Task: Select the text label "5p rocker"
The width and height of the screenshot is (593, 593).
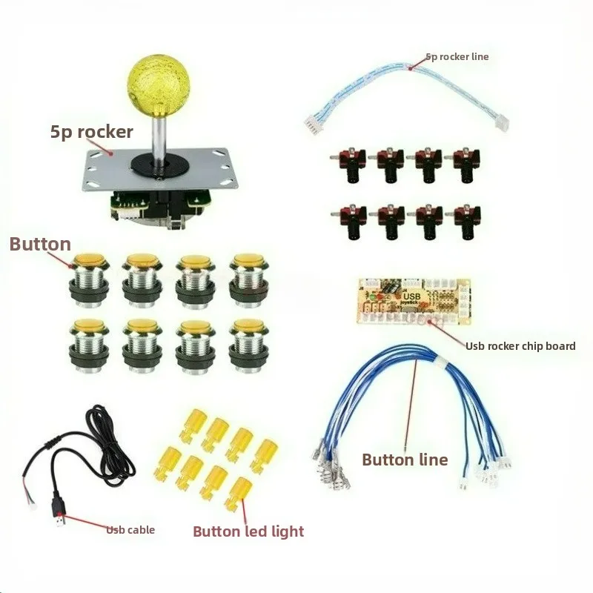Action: pyautogui.click(x=91, y=133)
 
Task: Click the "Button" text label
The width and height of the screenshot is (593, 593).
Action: pyautogui.click(x=40, y=245)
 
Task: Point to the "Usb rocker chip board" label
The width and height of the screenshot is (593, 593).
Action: pyautogui.click(x=520, y=346)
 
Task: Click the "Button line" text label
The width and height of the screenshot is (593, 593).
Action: pyautogui.click(x=405, y=460)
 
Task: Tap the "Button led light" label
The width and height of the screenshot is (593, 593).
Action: pyautogui.click(x=248, y=531)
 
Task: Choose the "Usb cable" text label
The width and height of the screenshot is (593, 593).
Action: pyautogui.click(x=130, y=530)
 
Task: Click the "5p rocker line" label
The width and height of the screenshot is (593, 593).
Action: pyautogui.click(x=457, y=57)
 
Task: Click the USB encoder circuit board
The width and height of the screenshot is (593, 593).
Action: pyautogui.click(x=414, y=302)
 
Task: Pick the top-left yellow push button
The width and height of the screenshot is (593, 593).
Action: pyautogui.click(x=90, y=281)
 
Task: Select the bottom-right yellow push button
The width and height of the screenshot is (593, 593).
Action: pyautogui.click(x=249, y=346)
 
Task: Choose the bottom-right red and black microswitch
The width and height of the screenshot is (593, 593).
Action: pyautogui.click(x=464, y=222)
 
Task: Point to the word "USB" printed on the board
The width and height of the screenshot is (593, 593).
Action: pyautogui.click(x=412, y=296)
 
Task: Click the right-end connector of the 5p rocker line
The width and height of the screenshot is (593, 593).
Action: pyautogui.click(x=502, y=123)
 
